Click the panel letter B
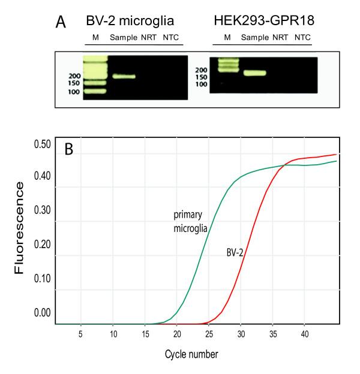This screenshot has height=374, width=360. [x=69, y=149]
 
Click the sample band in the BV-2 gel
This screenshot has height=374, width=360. [x=123, y=76]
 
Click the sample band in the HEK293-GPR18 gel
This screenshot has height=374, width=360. [x=254, y=73]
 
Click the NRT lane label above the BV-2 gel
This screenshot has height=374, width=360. [x=148, y=38]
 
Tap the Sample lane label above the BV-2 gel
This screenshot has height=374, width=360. [x=123, y=38]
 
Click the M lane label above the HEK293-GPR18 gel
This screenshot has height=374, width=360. [x=227, y=38]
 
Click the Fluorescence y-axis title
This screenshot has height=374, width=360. [x=20, y=228]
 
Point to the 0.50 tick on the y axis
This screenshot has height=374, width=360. [x=41, y=144]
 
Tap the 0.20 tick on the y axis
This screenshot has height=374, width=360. [x=41, y=245]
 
